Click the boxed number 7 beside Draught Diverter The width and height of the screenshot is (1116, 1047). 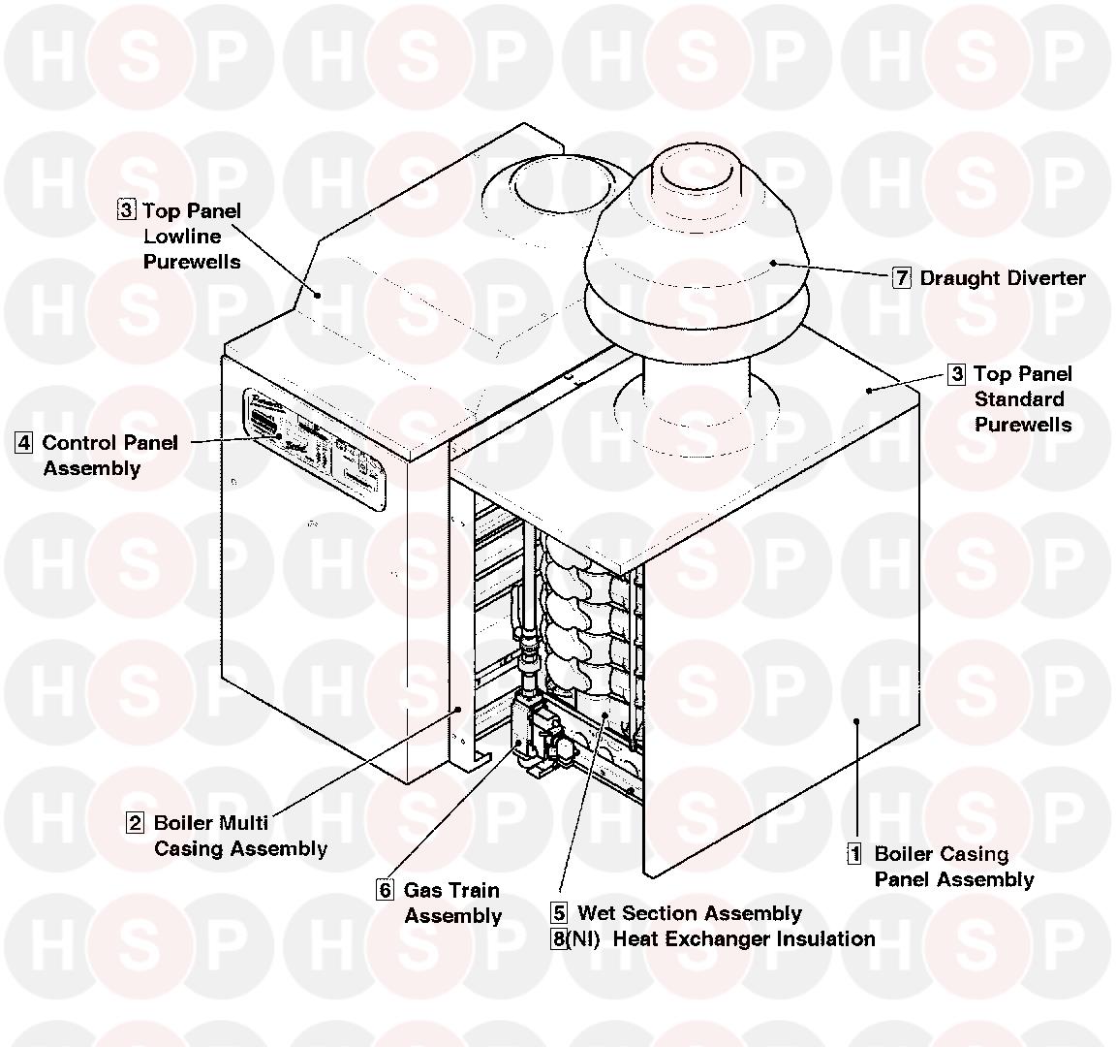pyautogui.click(x=902, y=278)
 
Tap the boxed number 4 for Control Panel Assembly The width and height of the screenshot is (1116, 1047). pyautogui.click(x=24, y=444)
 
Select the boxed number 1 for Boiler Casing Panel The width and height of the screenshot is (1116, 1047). pyautogui.click(x=854, y=855)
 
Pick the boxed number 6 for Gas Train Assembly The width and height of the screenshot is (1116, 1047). pyautogui.click(x=386, y=891)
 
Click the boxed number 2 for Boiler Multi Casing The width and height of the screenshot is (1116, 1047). pyautogui.click(x=136, y=824)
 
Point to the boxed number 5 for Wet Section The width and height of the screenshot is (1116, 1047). pyautogui.click(x=559, y=913)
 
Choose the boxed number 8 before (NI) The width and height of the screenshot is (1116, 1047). pyautogui.click(x=559, y=939)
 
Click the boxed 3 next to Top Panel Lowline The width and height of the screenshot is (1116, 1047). pyautogui.click(x=127, y=210)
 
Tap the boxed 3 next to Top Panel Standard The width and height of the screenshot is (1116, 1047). pyautogui.click(x=957, y=374)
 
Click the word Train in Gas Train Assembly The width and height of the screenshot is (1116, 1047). pyautogui.click(x=474, y=891)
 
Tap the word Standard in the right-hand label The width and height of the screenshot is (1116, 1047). pyautogui.click(x=1018, y=399)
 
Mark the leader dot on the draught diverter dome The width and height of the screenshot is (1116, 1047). pyautogui.click(x=772, y=262)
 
